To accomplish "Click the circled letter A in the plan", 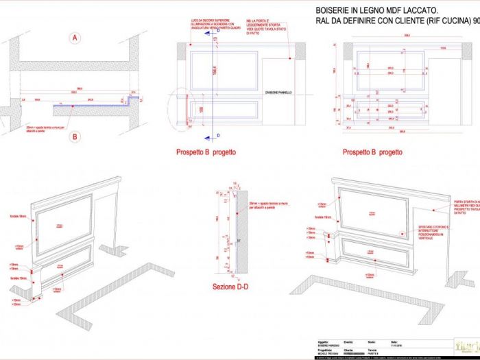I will (x=74, y=38).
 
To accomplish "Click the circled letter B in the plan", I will (x=75, y=136).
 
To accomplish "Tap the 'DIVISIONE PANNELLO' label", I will (x=282, y=91).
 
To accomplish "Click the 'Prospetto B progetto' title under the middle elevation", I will (x=206, y=152).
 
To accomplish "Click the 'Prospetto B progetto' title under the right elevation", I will (x=372, y=152).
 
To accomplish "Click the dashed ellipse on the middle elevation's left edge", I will (x=180, y=109).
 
